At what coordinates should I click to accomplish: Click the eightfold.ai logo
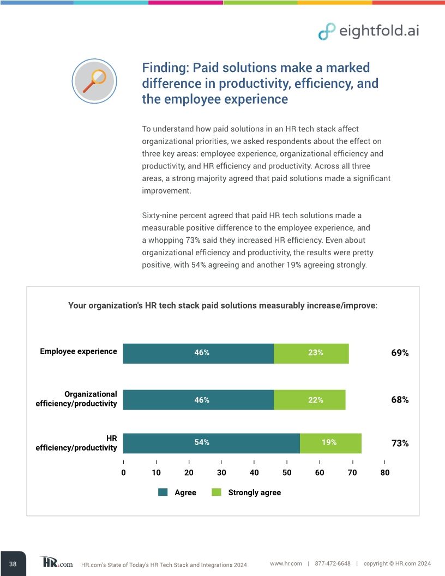tap(369, 31)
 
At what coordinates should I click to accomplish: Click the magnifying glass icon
tap(94, 81)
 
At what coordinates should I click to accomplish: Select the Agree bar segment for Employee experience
tap(198, 353)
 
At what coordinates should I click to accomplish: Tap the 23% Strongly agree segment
tap(311, 353)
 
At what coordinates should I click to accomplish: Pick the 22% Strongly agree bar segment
tap(309, 400)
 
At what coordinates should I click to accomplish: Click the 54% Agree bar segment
tap(212, 443)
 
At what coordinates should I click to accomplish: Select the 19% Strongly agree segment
tap(330, 443)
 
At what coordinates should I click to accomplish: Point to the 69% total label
tap(400, 353)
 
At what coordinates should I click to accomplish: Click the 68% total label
tap(400, 400)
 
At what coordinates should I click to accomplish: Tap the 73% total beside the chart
tap(400, 443)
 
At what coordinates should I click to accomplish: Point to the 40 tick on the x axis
tap(254, 473)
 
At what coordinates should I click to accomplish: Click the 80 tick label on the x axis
tap(385, 473)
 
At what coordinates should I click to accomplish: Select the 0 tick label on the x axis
tap(123, 473)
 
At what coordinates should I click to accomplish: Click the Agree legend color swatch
tap(163, 493)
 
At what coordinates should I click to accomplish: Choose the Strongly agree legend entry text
tap(254, 493)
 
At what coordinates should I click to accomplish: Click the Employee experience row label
tap(79, 351)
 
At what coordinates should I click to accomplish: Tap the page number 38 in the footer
tap(13, 563)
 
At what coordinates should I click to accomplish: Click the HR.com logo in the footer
tap(56, 562)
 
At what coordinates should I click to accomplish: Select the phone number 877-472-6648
tap(333, 563)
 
